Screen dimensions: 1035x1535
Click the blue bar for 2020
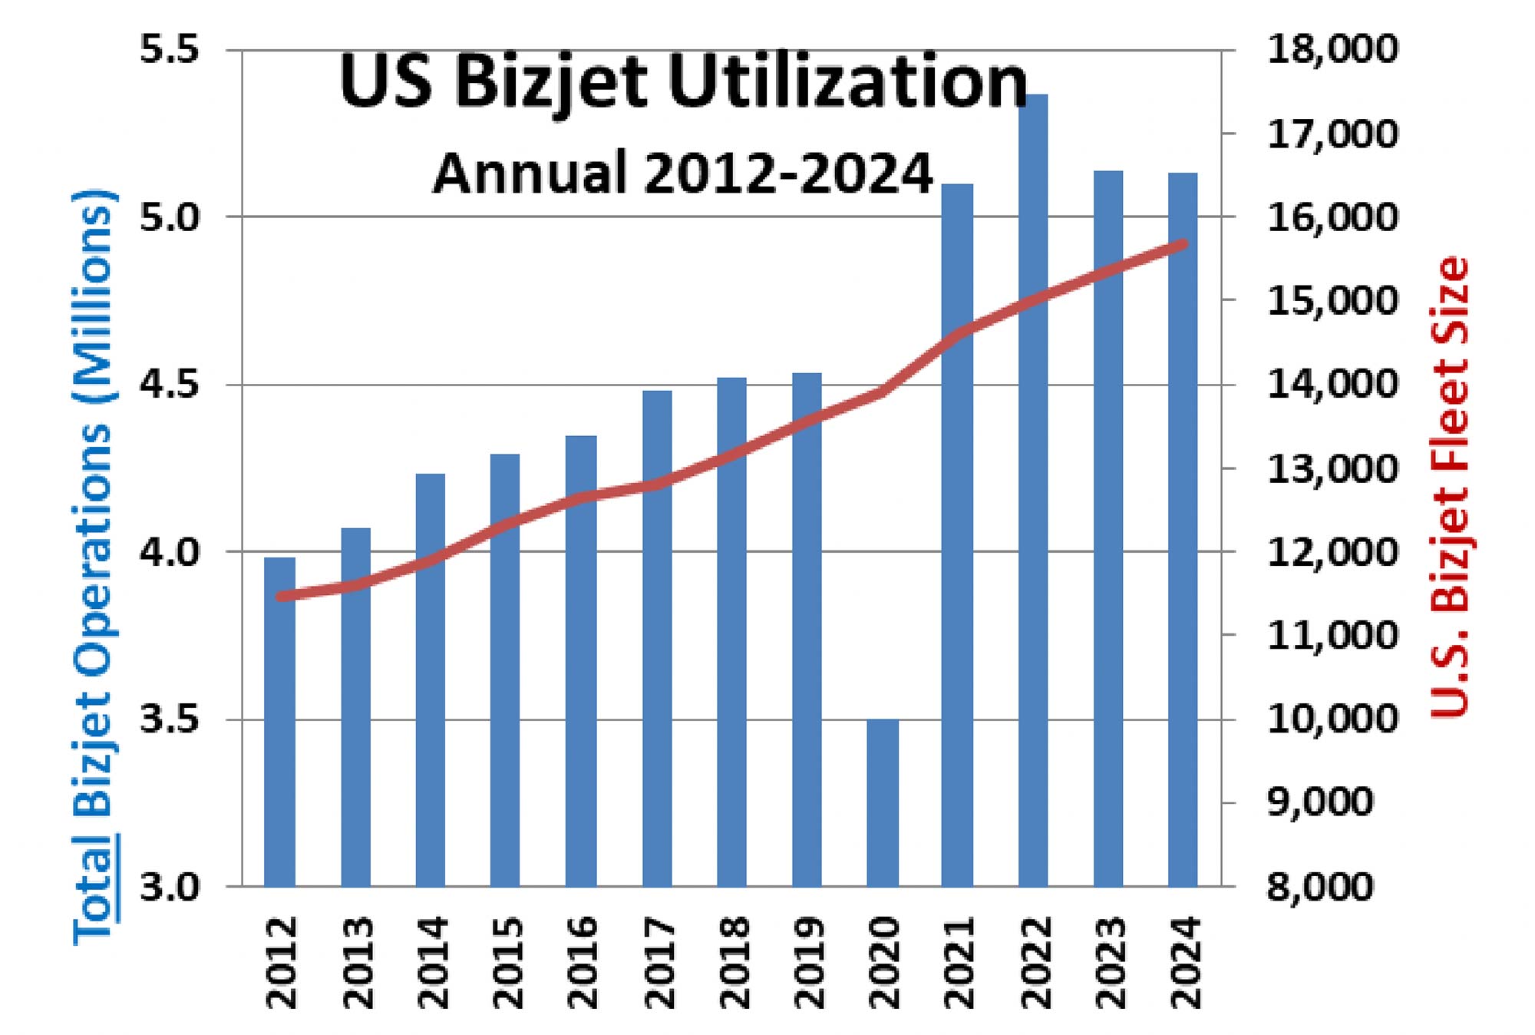883,802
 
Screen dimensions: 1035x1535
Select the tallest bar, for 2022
1033,491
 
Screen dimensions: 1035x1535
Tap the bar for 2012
279,722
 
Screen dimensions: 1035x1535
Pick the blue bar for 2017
657,637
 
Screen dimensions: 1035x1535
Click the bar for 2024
1183,530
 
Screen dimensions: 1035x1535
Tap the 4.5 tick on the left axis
169,384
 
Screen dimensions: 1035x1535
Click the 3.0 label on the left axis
169,886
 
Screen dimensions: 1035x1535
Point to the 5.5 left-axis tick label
169,50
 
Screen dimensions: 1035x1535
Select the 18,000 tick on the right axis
1332,50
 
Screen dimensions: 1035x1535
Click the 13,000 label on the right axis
1332,468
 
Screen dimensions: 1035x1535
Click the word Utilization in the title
848,83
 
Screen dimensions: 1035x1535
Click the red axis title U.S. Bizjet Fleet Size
1450,487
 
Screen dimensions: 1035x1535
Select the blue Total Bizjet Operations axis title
94,568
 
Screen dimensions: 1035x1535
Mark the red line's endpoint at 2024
1183,244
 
